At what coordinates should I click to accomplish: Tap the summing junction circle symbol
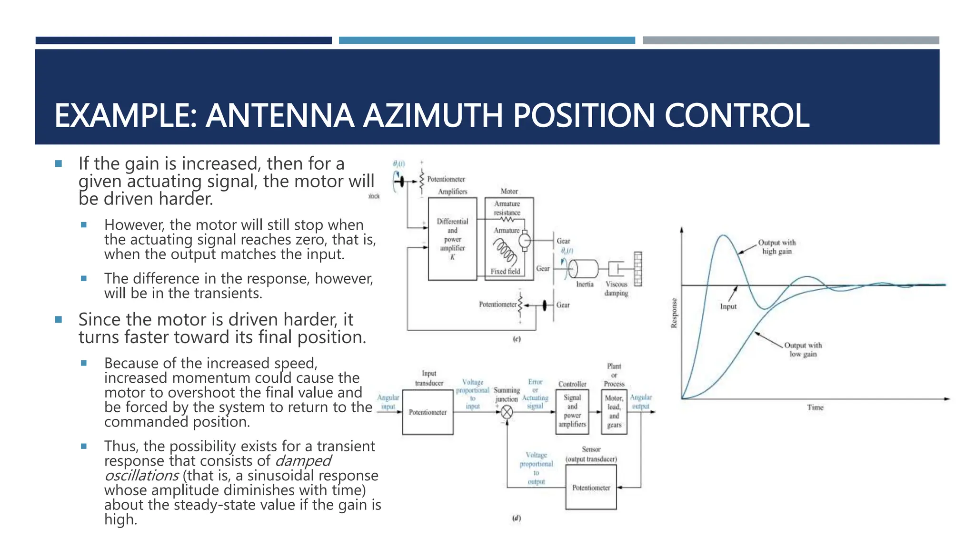click(507, 412)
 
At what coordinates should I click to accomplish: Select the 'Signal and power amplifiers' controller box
click(572, 411)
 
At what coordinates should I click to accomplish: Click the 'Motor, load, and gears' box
click(614, 411)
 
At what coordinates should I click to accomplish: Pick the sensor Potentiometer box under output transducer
click(591, 488)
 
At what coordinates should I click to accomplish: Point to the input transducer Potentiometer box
click(428, 412)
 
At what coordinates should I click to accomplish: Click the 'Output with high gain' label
click(776, 247)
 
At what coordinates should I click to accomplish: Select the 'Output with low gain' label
click(803, 349)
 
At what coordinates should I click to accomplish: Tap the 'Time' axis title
click(815, 407)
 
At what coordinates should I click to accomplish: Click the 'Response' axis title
click(674, 313)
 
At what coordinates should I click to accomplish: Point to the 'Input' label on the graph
click(728, 306)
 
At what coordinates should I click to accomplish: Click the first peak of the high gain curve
click(723, 235)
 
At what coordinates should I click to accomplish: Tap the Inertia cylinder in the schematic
click(584, 269)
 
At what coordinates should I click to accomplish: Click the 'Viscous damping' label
click(616, 288)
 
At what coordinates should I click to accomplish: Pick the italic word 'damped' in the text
click(303, 461)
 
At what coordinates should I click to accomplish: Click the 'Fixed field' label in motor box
click(505, 271)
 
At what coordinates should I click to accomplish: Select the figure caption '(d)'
click(516, 518)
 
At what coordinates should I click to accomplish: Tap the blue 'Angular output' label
click(641, 401)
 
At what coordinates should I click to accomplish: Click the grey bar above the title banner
click(791, 41)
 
